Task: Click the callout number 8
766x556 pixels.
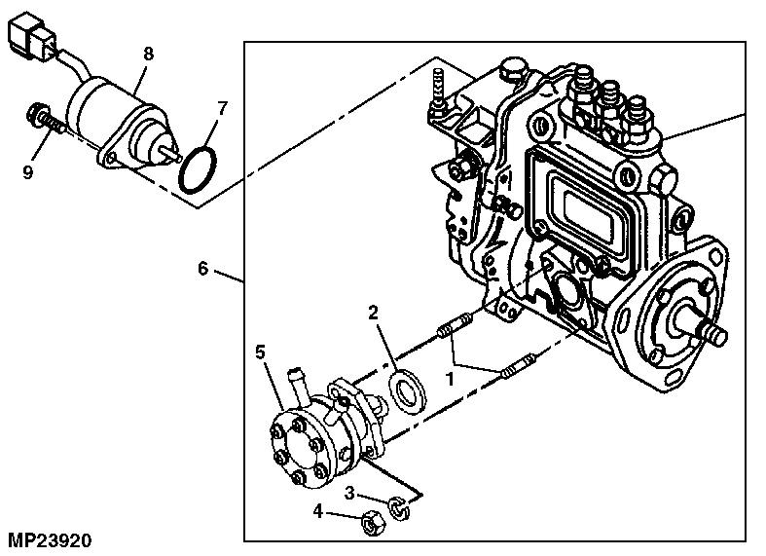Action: point(148,56)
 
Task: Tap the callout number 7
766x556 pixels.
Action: point(223,106)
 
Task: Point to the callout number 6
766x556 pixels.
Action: point(202,268)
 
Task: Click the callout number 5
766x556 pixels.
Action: point(261,351)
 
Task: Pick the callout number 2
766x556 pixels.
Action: point(372,314)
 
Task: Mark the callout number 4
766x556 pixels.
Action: point(317,510)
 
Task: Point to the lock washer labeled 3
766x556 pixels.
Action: point(397,505)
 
